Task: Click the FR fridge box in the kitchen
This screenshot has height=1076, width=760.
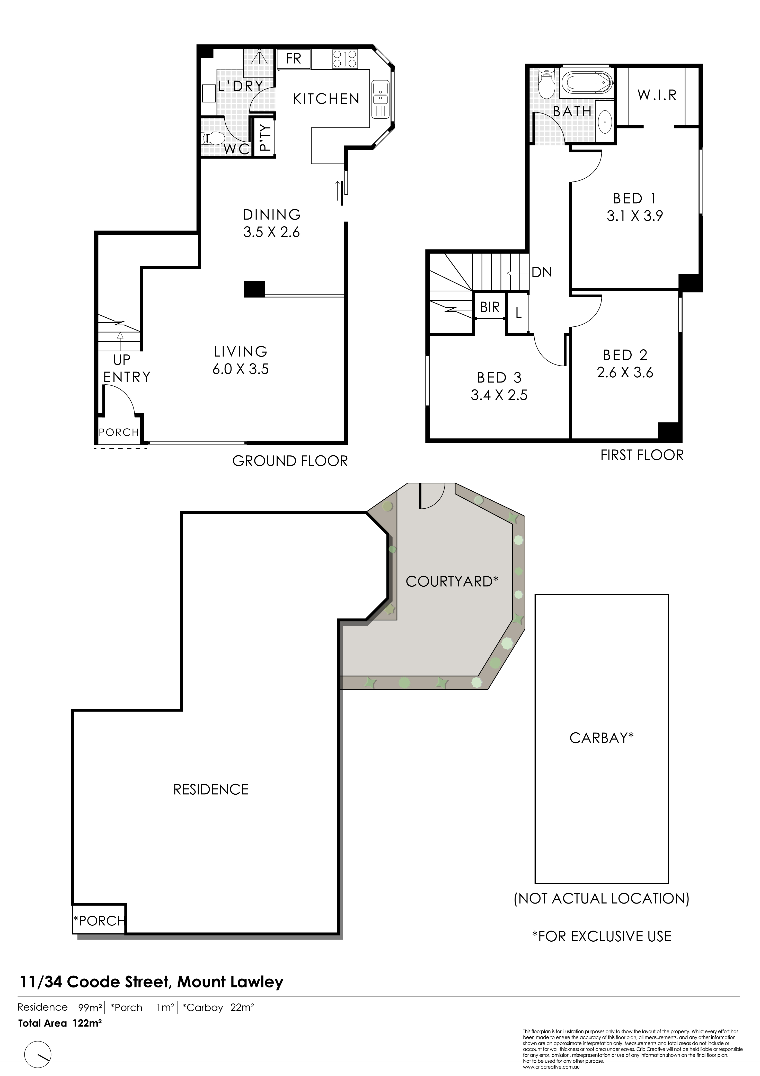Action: tap(294, 59)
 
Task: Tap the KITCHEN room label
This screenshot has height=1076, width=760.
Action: tap(326, 99)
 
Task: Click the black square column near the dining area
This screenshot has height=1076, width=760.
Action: tap(254, 289)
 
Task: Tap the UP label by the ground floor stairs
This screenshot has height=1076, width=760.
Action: tap(122, 360)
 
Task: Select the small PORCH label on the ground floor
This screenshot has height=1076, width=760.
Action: tap(119, 432)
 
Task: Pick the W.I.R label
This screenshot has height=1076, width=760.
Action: tap(657, 95)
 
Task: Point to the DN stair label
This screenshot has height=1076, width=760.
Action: tap(542, 272)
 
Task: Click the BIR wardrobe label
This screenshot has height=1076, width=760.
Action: tap(490, 307)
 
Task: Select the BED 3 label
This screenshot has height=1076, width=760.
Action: tap(499, 378)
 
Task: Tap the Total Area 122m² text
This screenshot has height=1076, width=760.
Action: tap(60, 1023)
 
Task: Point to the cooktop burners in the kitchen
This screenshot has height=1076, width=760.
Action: tap(345, 59)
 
